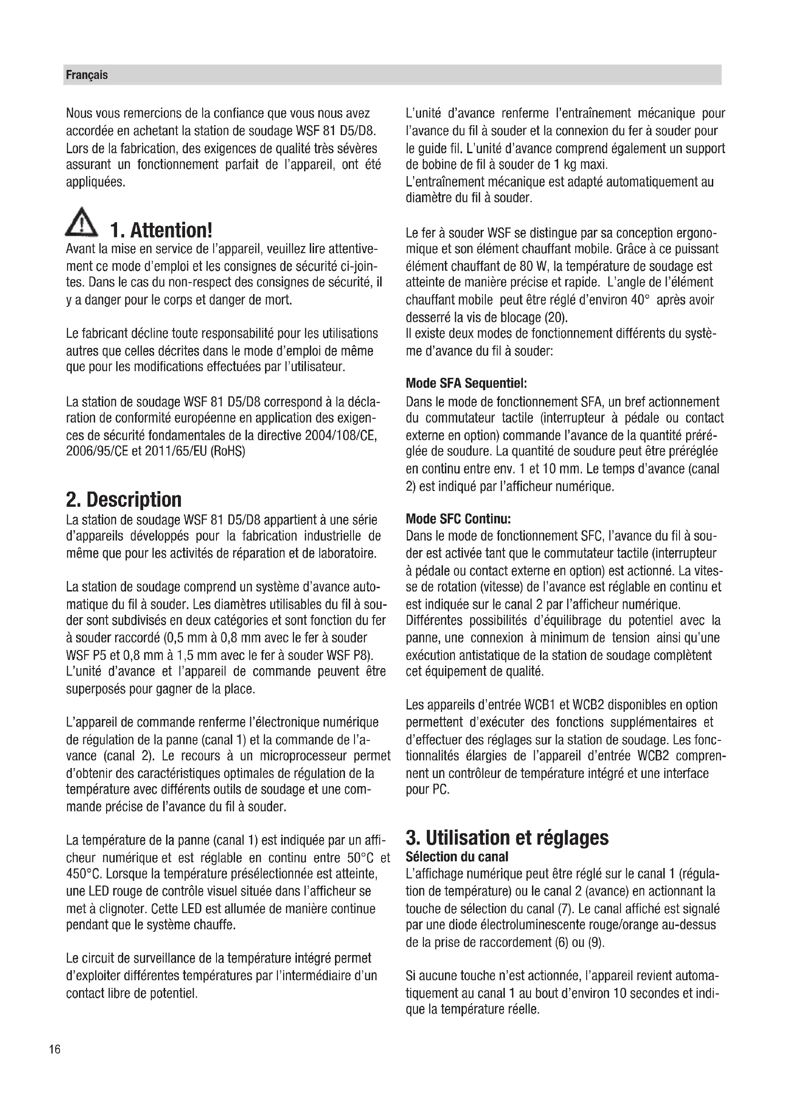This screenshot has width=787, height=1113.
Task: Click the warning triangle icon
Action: coord(81,224)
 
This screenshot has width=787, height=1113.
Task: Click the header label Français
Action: coord(87,75)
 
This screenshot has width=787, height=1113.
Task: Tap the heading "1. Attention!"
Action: coord(161,230)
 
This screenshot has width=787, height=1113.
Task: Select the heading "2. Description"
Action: coord(124,499)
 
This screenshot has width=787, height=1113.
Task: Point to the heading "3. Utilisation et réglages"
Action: coord(507,837)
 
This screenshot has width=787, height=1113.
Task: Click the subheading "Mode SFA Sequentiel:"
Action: coord(466,384)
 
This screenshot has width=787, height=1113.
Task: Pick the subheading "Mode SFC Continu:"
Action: coord(458,519)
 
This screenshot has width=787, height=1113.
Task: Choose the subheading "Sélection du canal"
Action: coord(456,857)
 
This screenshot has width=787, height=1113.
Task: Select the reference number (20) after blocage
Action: coord(555,317)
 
